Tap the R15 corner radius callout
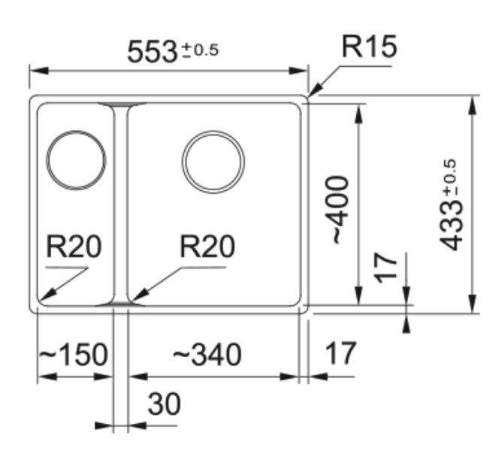pos(368,47)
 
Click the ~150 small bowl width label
pos(73,354)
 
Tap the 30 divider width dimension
pos(164,404)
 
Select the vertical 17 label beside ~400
pos(386,267)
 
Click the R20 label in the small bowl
pos(73,247)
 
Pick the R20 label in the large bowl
pos(207,247)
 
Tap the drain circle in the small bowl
pos(76,160)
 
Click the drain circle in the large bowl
pos(213,162)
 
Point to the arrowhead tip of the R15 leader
pos(309,95)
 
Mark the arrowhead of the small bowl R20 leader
pos(42,299)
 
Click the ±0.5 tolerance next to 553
pos(200,50)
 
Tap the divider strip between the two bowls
pos(120,203)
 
